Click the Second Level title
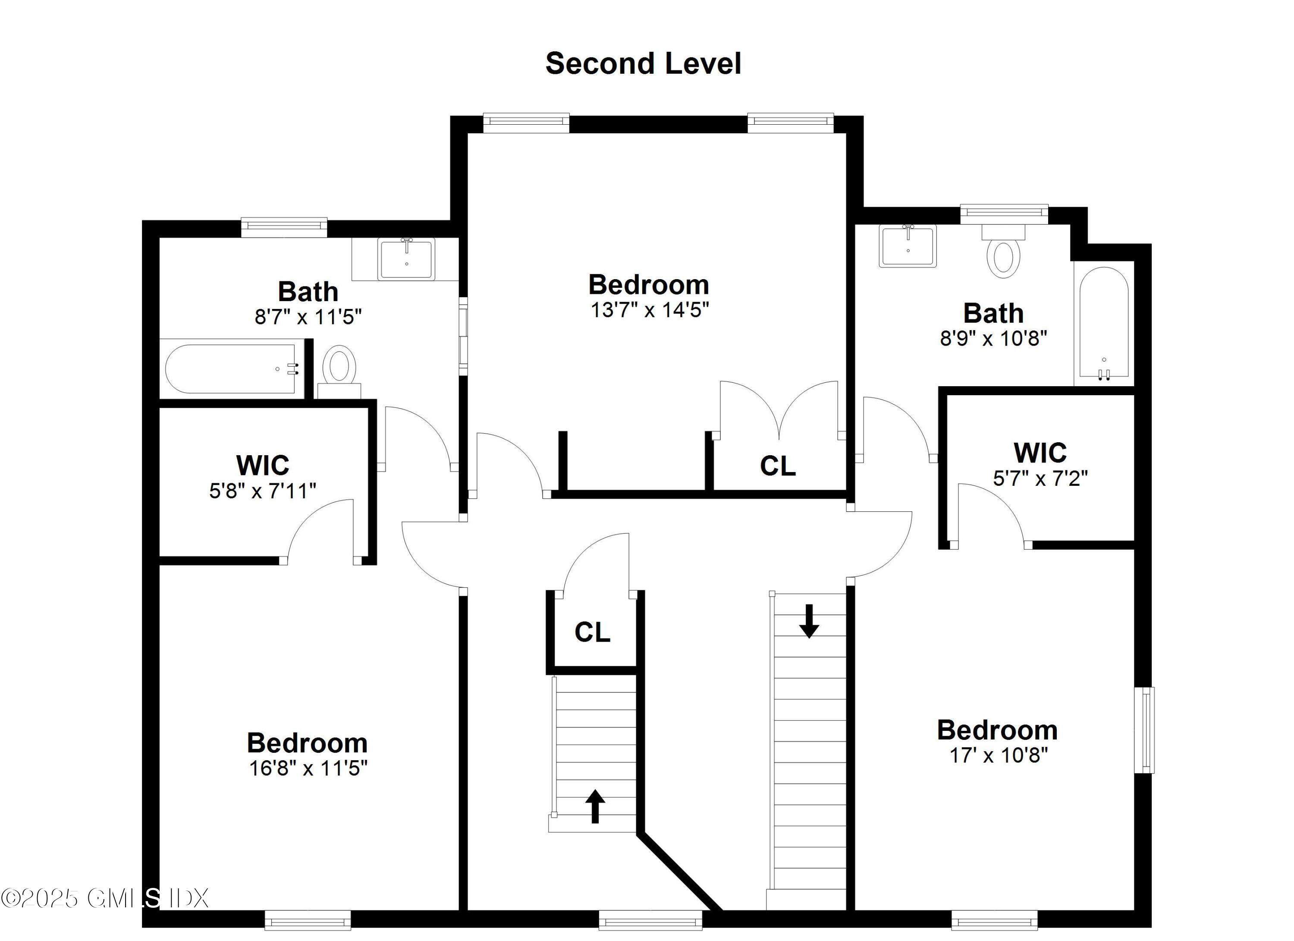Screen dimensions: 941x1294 click(x=643, y=63)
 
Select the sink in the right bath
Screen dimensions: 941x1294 click(x=908, y=246)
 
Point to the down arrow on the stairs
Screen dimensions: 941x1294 click(x=808, y=621)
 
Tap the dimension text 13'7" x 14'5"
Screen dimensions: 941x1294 click(x=649, y=310)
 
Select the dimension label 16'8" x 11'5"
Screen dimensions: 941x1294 click(x=308, y=768)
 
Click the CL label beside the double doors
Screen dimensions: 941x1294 click(x=778, y=466)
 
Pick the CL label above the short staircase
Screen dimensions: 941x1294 click(x=592, y=632)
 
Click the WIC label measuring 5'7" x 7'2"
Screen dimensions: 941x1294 click(x=1040, y=453)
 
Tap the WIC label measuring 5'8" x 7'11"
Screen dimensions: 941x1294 click(x=262, y=465)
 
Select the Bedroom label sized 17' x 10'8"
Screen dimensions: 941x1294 click(x=997, y=730)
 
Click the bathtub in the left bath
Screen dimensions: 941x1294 click(x=231, y=368)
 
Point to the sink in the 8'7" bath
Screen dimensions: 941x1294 click(x=406, y=259)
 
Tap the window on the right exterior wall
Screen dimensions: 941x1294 click(x=1144, y=730)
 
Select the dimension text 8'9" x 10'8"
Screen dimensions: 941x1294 click(x=993, y=338)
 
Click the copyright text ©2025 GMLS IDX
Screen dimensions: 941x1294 click(x=104, y=897)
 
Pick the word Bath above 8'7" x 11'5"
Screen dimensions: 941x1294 click(x=308, y=292)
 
